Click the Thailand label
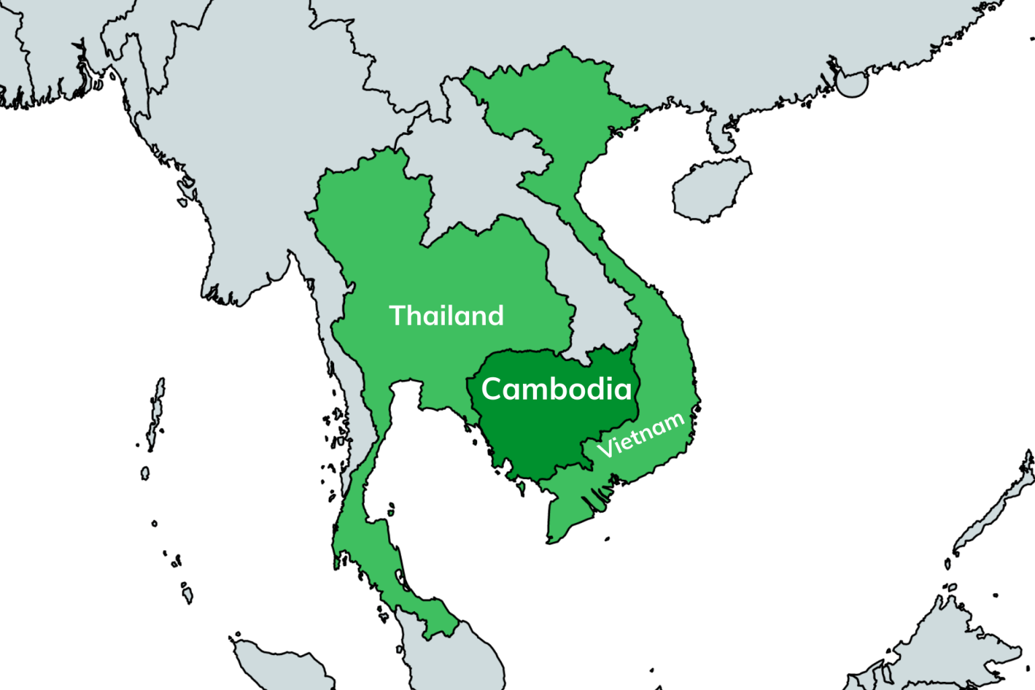446,315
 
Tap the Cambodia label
557,389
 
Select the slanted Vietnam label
641,435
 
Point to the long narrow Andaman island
156,404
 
